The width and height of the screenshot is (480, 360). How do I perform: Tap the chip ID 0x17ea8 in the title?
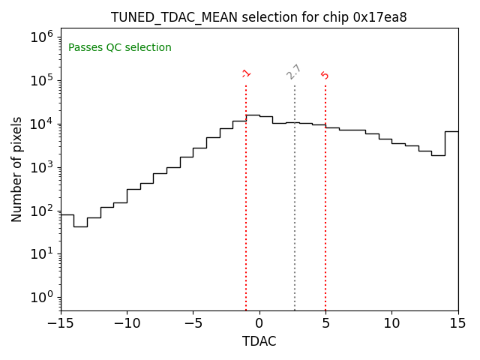[379, 17]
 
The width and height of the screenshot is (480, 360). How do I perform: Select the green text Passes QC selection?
[120, 48]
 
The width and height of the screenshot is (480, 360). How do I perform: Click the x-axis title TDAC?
[259, 341]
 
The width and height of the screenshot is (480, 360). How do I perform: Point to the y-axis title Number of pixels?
[17, 169]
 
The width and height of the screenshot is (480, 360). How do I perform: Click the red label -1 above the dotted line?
[246, 73]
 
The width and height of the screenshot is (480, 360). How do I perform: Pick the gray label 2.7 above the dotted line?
[294, 72]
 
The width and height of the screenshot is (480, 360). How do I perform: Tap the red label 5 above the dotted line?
[325, 75]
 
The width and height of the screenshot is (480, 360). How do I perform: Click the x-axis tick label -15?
[61, 323]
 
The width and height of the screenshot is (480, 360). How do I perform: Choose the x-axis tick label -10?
[127, 323]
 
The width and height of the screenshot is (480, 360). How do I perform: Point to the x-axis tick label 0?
[259, 323]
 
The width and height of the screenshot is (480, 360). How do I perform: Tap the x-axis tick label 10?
[391, 323]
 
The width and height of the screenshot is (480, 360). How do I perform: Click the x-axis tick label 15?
[457, 323]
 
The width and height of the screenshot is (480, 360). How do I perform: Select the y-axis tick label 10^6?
[41, 37]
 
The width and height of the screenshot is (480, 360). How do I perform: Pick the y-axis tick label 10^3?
[41, 167]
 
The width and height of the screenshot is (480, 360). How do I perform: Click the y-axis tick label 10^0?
[41, 297]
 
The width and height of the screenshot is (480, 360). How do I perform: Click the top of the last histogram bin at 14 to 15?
[451, 131]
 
